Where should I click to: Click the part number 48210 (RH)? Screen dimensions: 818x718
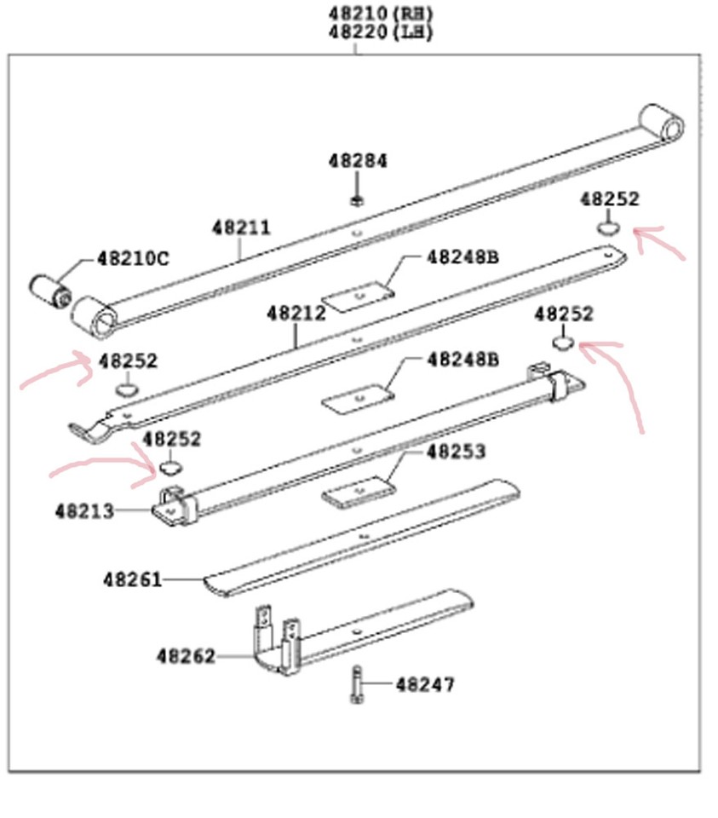[381, 14]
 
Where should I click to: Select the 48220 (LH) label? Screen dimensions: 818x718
[381, 33]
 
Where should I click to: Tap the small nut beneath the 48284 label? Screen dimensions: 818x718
[356, 201]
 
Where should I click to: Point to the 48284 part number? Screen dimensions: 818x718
[358, 161]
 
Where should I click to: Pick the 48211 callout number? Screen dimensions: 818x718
[241, 228]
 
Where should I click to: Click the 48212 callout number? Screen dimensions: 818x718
[296, 313]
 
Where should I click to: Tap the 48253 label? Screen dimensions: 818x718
[456, 451]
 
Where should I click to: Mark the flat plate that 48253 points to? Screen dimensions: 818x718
[359, 494]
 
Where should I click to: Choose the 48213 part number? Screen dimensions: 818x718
[84, 511]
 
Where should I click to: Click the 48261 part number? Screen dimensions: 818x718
[132, 579]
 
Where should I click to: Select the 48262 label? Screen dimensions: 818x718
[185, 656]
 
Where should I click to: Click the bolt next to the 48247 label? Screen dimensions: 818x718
[357, 685]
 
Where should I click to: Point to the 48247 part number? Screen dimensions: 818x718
[425, 684]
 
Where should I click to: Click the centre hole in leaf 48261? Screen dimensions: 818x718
[364, 538]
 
